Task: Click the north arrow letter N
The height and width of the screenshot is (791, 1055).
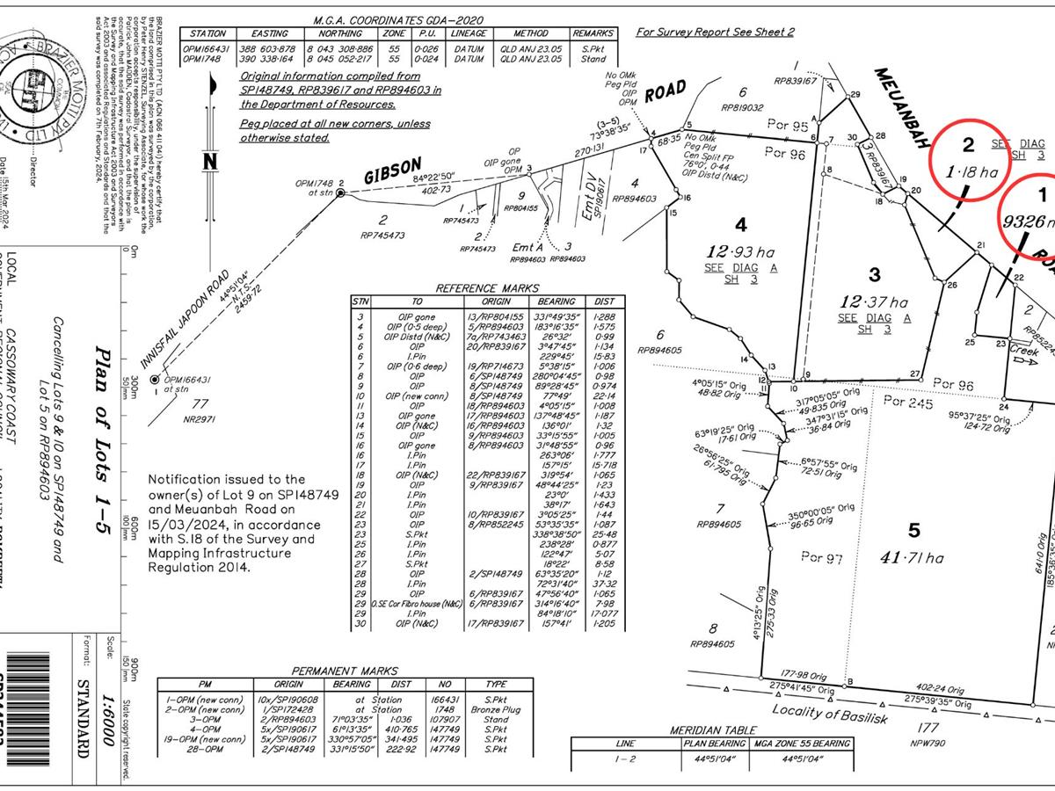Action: click(208, 162)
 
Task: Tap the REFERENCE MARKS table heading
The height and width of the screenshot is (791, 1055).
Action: click(488, 288)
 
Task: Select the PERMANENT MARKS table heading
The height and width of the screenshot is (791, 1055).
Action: click(344, 671)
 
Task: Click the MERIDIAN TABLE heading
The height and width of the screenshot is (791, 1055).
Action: click(708, 730)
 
